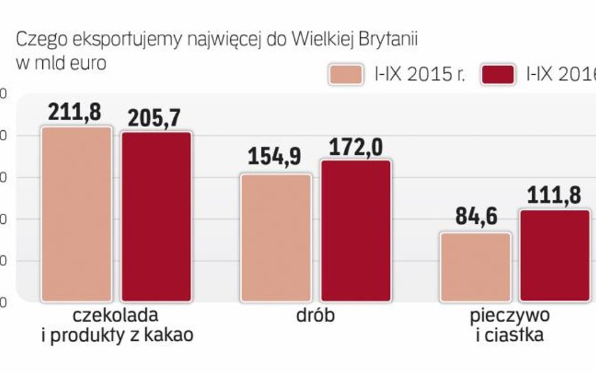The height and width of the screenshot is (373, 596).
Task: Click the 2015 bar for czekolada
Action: pos(76,214)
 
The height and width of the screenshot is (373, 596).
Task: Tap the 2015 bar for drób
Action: pos(276,237)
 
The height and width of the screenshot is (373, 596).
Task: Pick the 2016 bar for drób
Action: pos(356,230)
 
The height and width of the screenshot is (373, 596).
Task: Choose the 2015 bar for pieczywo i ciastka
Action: pos(475,267)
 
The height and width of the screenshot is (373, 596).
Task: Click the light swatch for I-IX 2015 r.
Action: pos(345,74)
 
